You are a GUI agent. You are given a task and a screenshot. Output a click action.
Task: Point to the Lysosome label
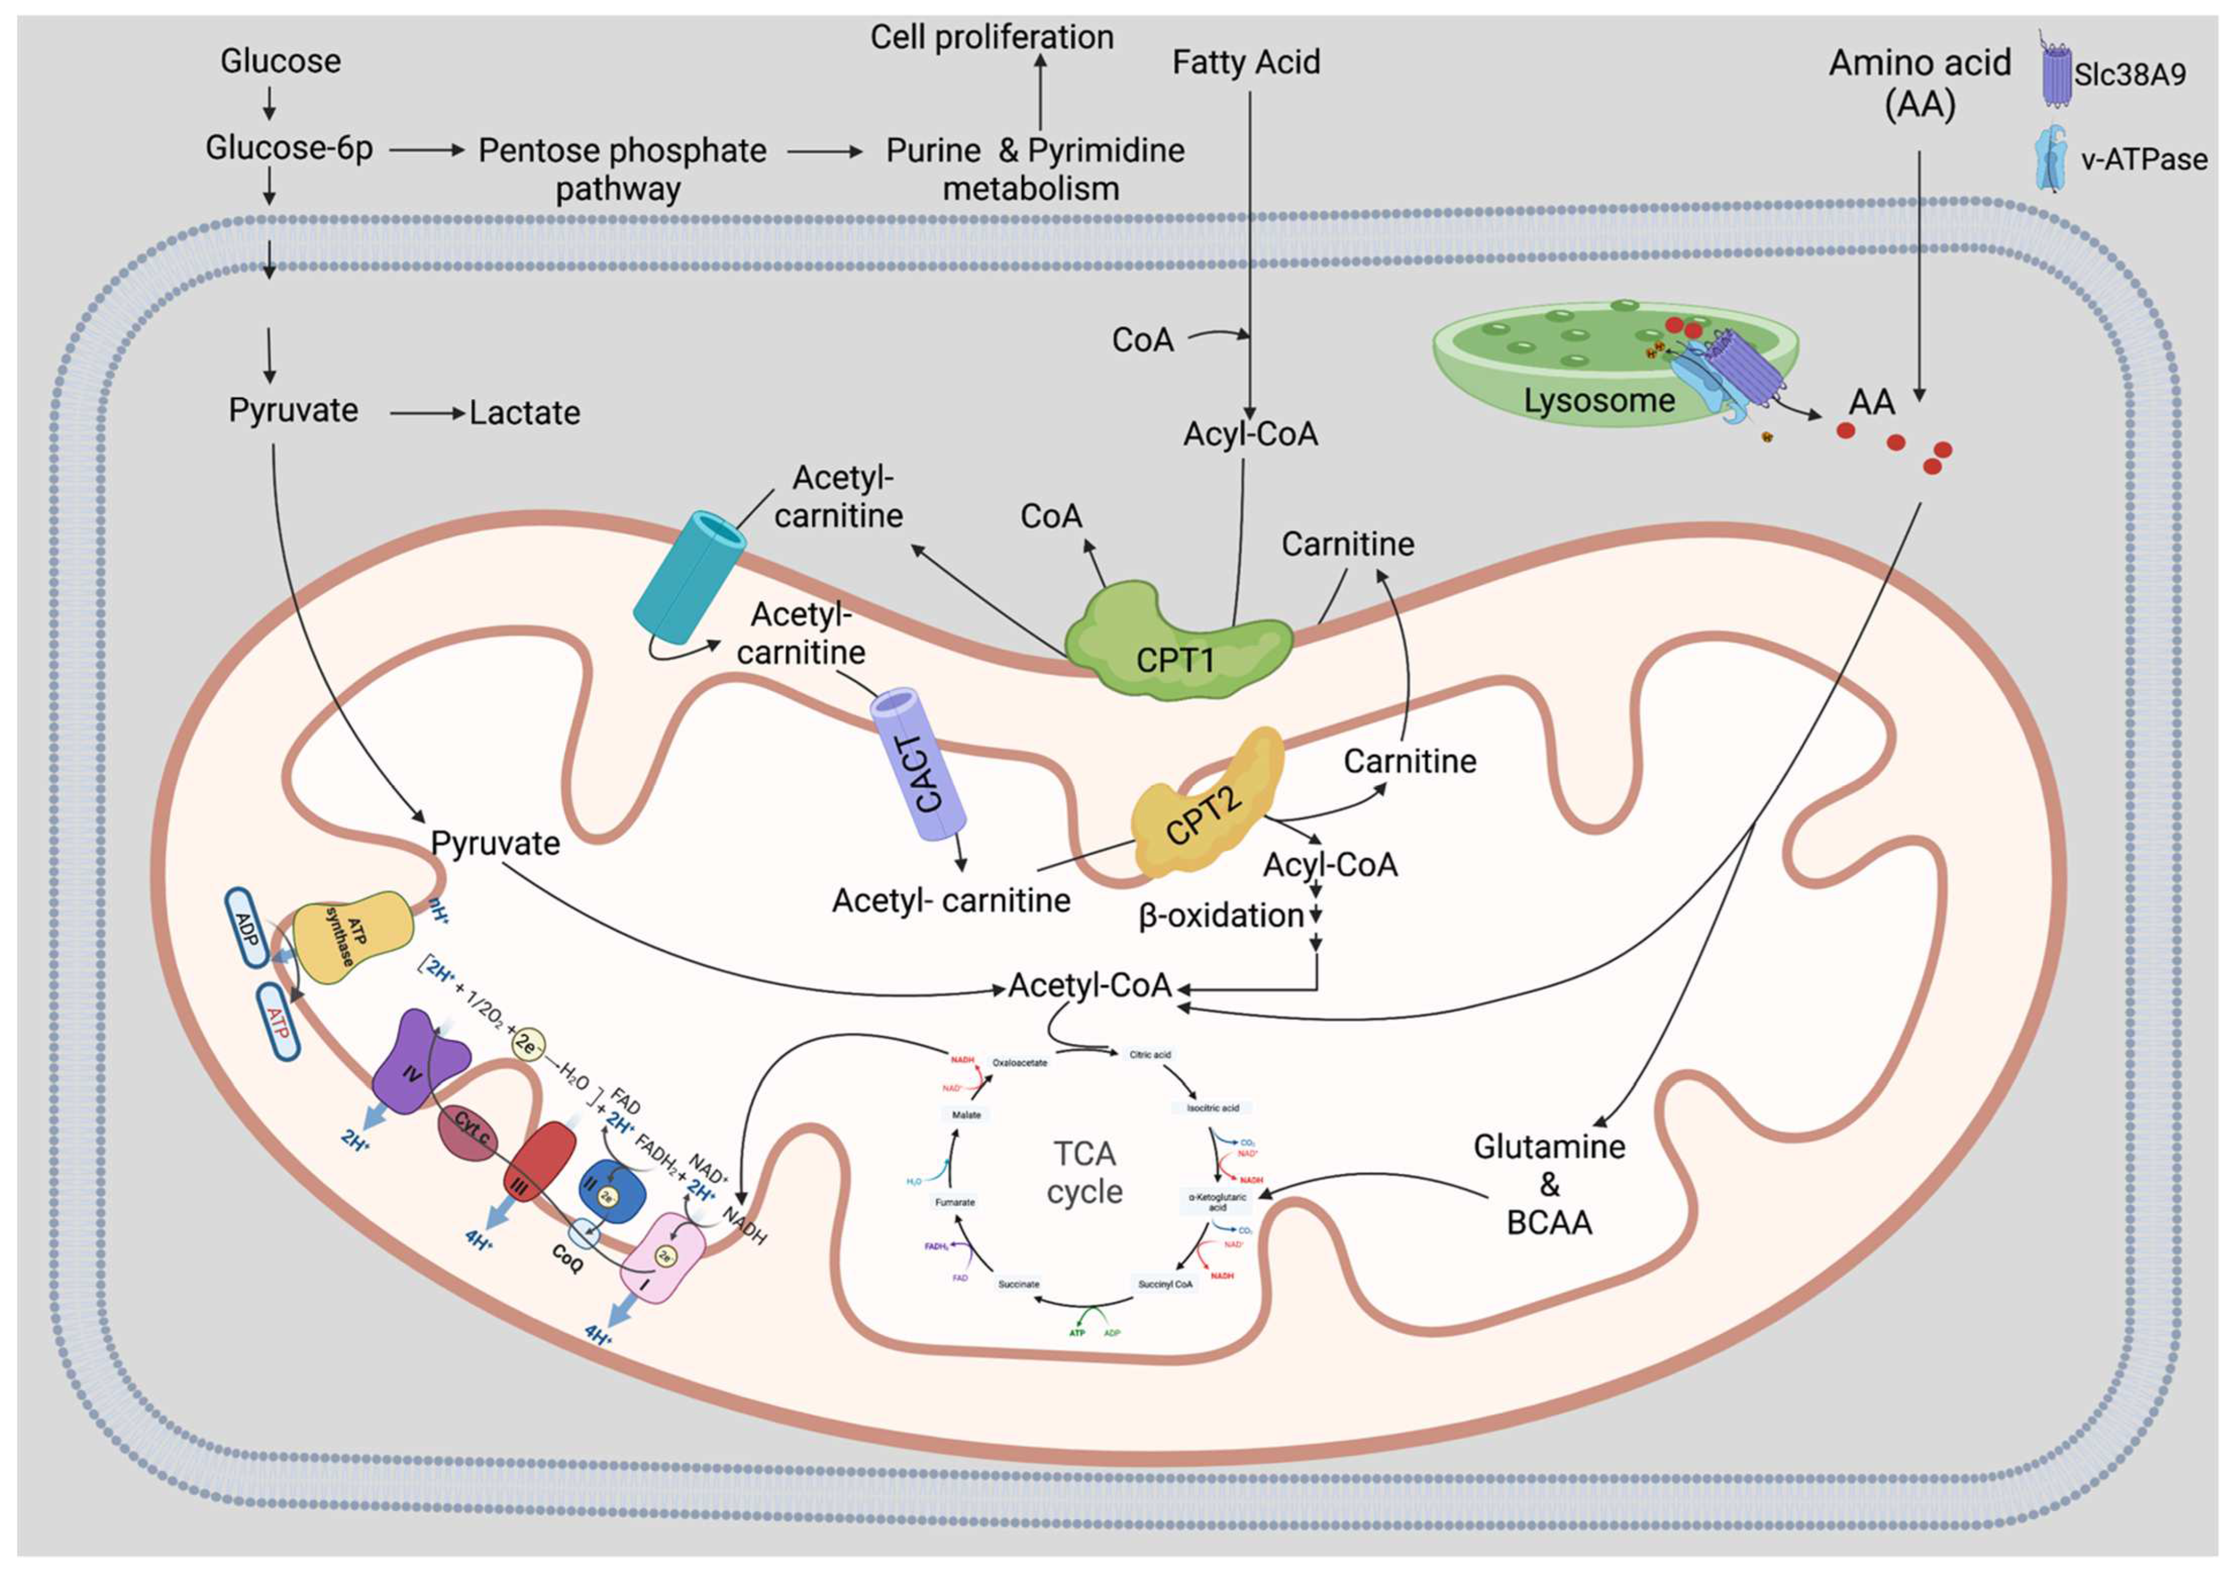pyautogui.click(x=1598, y=400)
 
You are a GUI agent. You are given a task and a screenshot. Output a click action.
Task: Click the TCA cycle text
pyautogui.click(x=1084, y=1173)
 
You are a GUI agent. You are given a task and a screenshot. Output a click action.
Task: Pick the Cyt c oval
pyautogui.click(x=471, y=1133)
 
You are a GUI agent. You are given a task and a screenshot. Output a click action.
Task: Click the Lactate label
pyautogui.click(x=525, y=413)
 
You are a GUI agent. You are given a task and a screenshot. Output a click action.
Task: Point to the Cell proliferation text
pyautogui.click(x=991, y=37)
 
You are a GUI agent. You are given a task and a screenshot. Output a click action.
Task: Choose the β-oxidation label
pyautogui.click(x=1221, y=915)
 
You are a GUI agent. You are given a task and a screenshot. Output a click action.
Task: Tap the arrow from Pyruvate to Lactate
pyautogui.click(x=427, y=414)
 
